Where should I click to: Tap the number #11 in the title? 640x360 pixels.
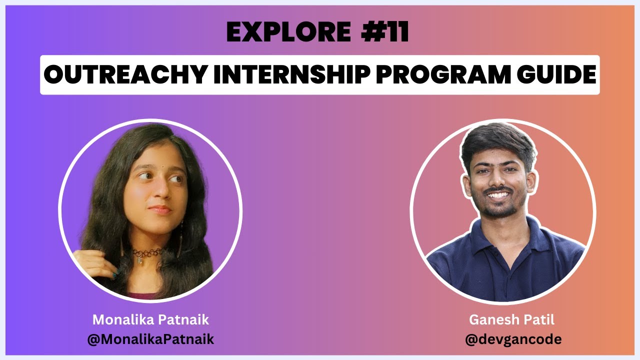tap(384, 32)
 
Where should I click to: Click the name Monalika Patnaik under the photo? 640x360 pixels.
tap(150, 319)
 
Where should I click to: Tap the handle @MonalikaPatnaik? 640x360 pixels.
tap(150, 339)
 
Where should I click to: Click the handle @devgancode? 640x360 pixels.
tap(513, 339)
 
